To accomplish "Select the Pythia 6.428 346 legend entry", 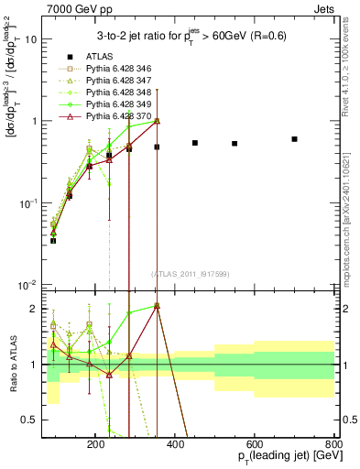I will click(110, 69).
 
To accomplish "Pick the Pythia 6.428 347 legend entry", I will click(110, 81).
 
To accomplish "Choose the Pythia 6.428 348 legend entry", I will click(110, 93).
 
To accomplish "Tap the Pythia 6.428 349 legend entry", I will click(110, 104).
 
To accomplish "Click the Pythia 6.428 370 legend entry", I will click(110, 116).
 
